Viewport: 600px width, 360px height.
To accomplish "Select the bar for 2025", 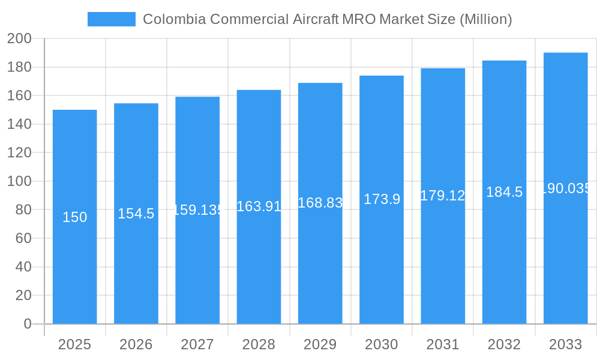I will tap(74, 270).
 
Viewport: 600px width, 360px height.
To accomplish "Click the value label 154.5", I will tap(136, 214).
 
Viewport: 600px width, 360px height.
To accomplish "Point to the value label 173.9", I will tap(382, 199).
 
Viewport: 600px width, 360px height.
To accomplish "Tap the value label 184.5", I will tap(504, 192).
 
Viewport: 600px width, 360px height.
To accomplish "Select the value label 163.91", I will tap(259, 206).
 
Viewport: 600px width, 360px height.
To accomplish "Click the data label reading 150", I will tap(74, 217).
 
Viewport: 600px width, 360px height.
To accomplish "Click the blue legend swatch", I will tap(111, 19).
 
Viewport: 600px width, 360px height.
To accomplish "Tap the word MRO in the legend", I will tap(359, 19).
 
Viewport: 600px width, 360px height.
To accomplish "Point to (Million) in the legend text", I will tap(485, 19).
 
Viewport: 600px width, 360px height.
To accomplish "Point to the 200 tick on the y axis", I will tap(19, 38).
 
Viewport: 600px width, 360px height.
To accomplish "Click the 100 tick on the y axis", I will tap(19, 181).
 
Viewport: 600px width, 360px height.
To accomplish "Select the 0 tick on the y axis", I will tap(27, 324).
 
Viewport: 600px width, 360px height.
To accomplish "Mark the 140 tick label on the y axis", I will tap(19, 124).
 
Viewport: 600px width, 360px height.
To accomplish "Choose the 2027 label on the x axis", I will tap(197, 344).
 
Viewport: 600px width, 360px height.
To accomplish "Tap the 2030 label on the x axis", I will tap(382, 344).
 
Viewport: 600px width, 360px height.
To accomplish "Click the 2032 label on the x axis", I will tap(504, 344).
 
